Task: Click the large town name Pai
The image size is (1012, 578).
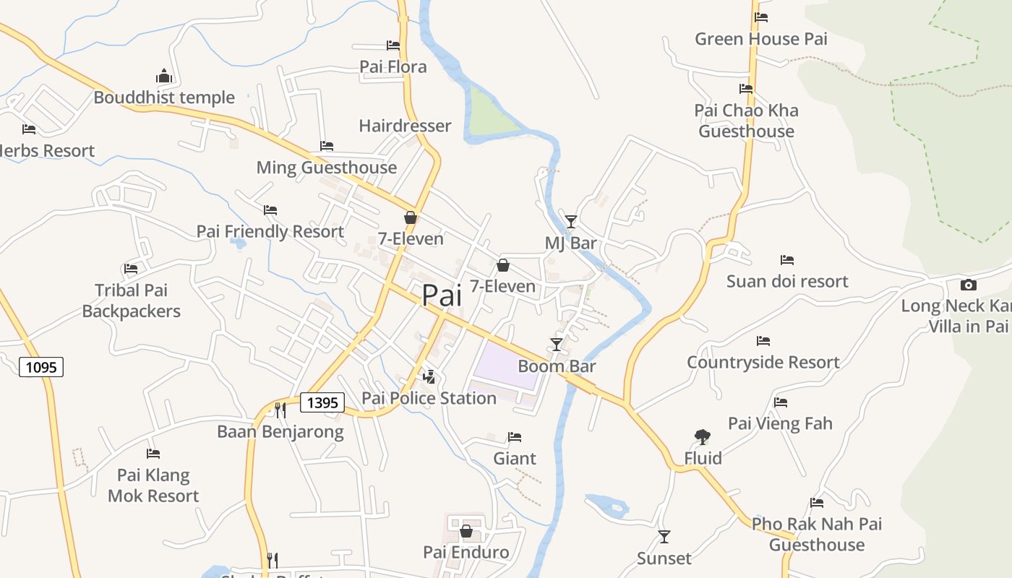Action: pos(441,296)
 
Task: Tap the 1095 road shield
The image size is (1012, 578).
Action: pos(41,367)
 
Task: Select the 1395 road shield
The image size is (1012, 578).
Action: pos(322,402)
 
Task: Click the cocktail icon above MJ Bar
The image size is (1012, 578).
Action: pos(571,221)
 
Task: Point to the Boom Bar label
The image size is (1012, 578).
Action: pos(557,366)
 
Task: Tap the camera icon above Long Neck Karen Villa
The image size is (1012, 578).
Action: pos(969,285)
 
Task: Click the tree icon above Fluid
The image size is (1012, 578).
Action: pos(702,436)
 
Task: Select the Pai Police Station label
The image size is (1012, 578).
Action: pos(429,398)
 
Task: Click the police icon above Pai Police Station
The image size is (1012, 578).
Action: pos(429,376)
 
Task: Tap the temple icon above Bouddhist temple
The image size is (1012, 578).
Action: pos(164,76)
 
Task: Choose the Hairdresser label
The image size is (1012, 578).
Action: pos(405,126)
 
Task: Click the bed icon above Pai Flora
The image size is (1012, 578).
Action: pos(393,45)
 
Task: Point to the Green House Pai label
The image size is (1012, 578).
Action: pos(761,39)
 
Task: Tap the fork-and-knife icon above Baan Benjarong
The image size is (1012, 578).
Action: pos(280,410)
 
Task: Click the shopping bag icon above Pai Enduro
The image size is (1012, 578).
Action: pos(466,531)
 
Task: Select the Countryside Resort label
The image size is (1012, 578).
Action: pos(763,362)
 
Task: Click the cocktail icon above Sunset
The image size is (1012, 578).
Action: pos(664,536)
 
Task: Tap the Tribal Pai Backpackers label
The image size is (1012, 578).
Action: pos(131,301)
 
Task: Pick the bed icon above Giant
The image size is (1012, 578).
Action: pos(515,437)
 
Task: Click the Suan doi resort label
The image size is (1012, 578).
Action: pos(787,281)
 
